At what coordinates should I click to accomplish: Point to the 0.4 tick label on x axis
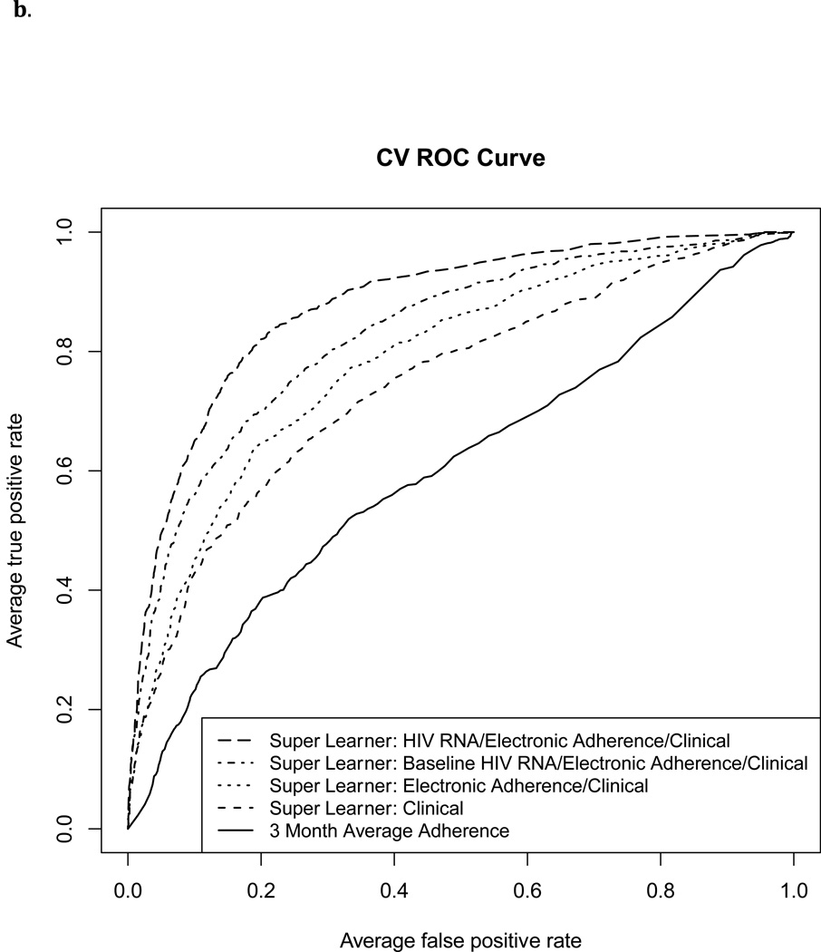tap(394, 890)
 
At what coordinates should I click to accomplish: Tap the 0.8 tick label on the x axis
tap(661, 890)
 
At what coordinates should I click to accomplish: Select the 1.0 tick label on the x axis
tap(794, 890)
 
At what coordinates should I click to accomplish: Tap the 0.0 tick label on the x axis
tap(128, 890)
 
